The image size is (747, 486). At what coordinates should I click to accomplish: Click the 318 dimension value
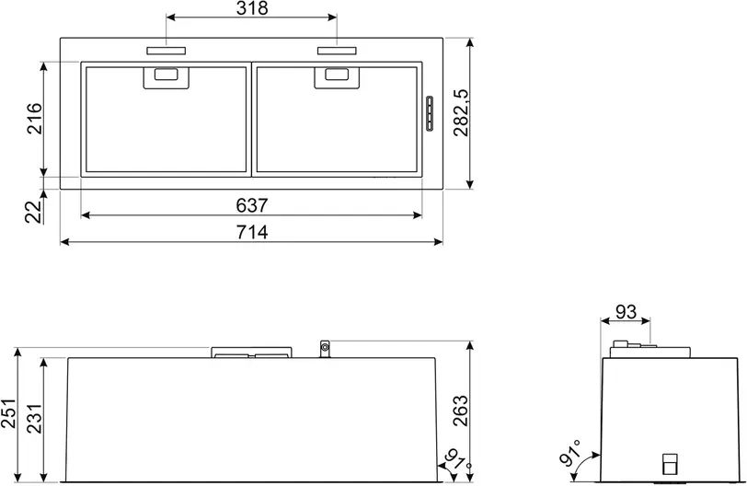pos(252,8)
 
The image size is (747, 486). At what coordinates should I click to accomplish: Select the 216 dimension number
pos(34,119)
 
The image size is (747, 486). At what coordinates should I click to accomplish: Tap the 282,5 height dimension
pos(461,113)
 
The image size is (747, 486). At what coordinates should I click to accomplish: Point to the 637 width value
pos(252,206)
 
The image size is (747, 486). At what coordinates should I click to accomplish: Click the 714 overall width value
pos(252,233)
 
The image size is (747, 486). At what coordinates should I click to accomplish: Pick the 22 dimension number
pos(33,213)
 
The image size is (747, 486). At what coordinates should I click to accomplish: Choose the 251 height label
pos(8,413)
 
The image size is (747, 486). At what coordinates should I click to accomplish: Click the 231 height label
pos(34,418)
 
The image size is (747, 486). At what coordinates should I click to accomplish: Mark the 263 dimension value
pos(460,411)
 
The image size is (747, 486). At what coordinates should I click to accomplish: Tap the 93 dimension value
pos(626,313)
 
